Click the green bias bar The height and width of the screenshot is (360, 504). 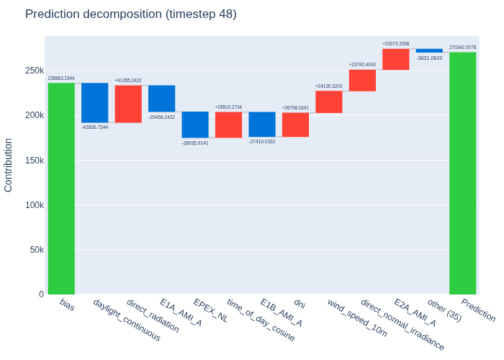61,189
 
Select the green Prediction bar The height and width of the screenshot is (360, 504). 462,173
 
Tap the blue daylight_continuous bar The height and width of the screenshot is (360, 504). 95,102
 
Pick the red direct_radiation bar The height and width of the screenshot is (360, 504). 128,104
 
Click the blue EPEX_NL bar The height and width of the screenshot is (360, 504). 195,125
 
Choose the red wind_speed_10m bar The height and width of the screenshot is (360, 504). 329,102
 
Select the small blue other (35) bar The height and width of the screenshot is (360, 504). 429,50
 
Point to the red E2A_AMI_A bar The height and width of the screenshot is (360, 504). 396,60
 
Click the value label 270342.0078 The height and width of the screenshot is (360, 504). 462,48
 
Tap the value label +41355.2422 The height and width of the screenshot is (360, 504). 128,81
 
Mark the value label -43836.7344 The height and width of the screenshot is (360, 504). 95,127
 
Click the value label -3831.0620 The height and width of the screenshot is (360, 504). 429,58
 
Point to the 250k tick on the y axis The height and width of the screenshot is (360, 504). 35,71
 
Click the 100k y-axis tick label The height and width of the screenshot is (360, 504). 35,204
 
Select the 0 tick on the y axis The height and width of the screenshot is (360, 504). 42,294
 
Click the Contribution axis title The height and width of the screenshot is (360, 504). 8,165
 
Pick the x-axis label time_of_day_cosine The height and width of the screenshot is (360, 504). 261,320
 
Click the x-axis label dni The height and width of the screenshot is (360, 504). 300,303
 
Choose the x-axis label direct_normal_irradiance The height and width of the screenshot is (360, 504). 402,324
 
